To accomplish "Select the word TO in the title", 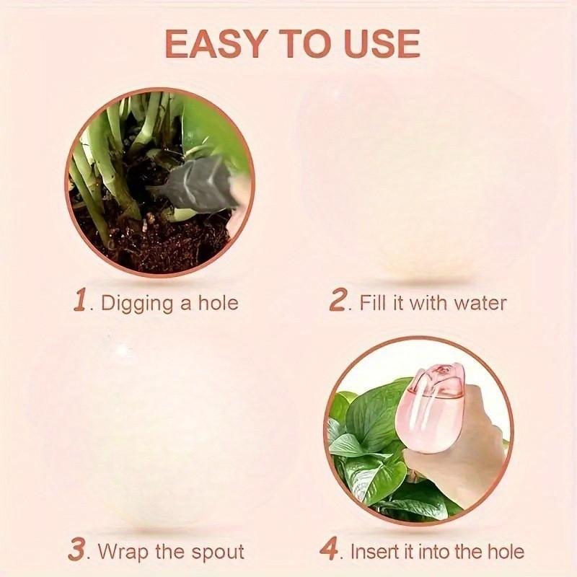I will [x=300, y=45].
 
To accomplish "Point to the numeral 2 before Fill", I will [x=338, y=301].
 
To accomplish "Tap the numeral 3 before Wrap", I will [x=77, y=551].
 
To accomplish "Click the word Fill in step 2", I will [x=373, y=302].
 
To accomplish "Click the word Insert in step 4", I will [x=373, y=552].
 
